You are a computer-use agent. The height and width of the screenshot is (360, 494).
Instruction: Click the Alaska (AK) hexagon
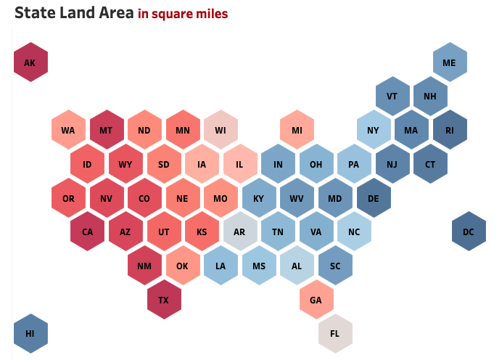(30, 62)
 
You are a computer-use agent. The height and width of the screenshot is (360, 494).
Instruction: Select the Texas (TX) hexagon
(164, 300)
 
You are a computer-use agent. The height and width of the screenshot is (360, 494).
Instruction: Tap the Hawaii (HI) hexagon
(30, 333)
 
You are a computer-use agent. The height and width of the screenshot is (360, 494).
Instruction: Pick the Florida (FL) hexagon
(335, 333)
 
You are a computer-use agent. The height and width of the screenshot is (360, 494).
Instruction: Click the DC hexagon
(469, 232)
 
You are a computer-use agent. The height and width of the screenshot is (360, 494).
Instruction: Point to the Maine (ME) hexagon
(450, 62)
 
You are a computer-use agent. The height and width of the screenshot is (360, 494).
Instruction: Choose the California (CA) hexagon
(88, 232)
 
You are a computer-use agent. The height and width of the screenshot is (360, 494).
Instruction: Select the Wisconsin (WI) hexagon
(221, 131)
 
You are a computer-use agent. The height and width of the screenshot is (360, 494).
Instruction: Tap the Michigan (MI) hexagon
(297, 131)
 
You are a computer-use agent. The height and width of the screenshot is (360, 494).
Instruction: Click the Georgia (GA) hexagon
(316, 300)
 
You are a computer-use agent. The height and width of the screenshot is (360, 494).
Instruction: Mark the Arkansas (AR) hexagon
(240, 232)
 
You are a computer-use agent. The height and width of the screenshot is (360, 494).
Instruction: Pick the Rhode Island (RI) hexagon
(450, 131)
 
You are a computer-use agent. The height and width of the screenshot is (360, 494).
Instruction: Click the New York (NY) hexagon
(374, 131)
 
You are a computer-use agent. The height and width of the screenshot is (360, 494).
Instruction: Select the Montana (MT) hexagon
(107, 131)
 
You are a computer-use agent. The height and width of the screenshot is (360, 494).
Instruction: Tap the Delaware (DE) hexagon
(374, 198)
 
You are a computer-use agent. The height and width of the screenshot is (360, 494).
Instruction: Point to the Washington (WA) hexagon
(69, 131)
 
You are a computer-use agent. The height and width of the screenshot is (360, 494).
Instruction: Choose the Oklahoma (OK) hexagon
(183, 266)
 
